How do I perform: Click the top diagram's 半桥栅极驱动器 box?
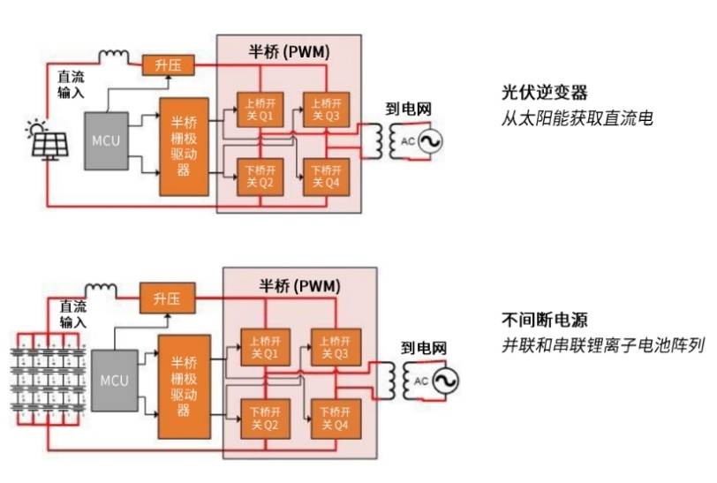coord(184,146)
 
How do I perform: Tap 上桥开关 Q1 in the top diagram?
coord(254,108)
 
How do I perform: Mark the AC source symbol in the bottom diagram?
coord(436,381)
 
